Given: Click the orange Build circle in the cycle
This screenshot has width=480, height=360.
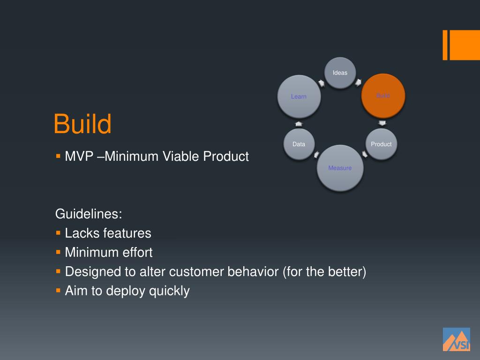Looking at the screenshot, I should [383, 96].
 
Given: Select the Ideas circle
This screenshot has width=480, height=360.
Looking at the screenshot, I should [340, 73].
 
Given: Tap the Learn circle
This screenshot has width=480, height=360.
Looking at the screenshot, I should [299, 97].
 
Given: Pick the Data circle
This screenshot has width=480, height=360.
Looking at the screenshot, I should [299, 144].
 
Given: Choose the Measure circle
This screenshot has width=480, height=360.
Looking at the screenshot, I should [340, 168].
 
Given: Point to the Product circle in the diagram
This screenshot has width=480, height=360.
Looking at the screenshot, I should [381, 144].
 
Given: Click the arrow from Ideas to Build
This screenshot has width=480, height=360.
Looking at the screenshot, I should [359, 82].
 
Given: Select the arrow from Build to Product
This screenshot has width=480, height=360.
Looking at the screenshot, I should [382, 123].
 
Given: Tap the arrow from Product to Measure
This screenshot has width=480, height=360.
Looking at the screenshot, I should [365, 154].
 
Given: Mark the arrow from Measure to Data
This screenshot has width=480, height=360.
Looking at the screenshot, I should [316, 154].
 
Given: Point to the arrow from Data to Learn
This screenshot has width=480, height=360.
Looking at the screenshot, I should [299, 123].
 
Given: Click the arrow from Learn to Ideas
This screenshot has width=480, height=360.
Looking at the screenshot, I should [322, 83].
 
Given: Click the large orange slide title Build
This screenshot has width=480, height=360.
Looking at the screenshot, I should [82, 124].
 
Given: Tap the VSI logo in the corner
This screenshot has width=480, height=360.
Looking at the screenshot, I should [456, 339].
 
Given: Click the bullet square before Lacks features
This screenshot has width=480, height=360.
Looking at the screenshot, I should [58, 232].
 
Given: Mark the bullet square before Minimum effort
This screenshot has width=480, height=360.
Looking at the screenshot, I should [58, 252].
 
